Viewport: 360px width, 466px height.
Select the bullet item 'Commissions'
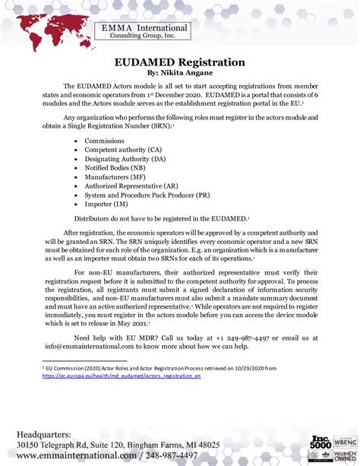pyautogui.click(x=104, y=141)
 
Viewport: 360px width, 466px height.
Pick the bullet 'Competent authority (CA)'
pyautogui.click(x=123, y=151)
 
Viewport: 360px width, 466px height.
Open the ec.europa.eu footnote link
pyautogui.click(x=122, y=376)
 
